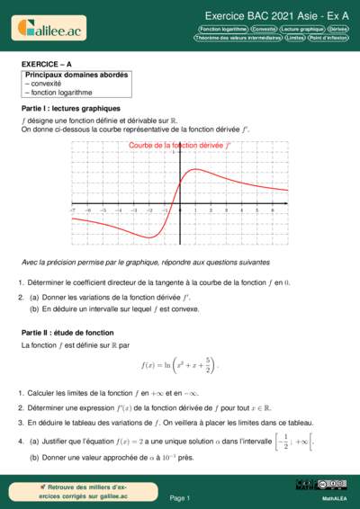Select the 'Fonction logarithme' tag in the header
(x=222, y=29)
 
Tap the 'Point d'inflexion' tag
(x=330, y=39)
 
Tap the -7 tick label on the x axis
(x=73, y=210)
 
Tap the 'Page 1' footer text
(x=180, y=497)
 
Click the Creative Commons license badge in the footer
(x=309, y=486)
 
